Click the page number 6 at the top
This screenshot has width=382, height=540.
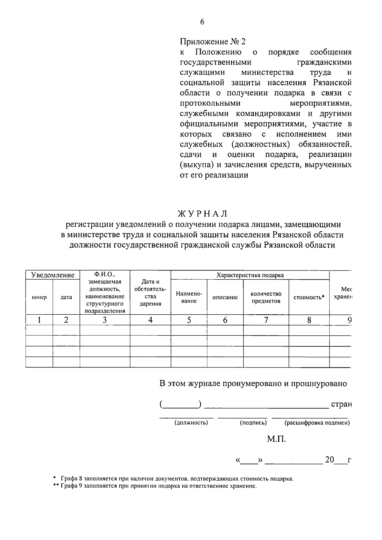tap(202, 22)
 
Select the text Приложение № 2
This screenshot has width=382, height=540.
tap(213, 42)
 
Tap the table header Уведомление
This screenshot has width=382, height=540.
tap(53, 275)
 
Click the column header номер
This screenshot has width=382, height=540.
tap(39, 298)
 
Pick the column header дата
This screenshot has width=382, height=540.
tap(66, 298)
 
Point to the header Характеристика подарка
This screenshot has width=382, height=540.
tap(250, 275)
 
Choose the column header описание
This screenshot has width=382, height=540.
tap(225, 298)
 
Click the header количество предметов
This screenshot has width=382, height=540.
tap(266, 298)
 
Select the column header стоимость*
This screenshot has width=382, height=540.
tap(309, 298)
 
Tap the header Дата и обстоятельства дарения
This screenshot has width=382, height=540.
tap(150, 293)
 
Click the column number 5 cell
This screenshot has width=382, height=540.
tap(189, 320)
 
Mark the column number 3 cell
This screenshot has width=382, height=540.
tap(104, 320)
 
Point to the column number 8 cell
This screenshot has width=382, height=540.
tap(309, 320)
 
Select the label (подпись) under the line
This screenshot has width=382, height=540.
tap(253, 423)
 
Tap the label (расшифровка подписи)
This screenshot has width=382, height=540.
tap(317, 423)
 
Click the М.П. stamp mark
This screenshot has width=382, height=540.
tap(276, 440)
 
